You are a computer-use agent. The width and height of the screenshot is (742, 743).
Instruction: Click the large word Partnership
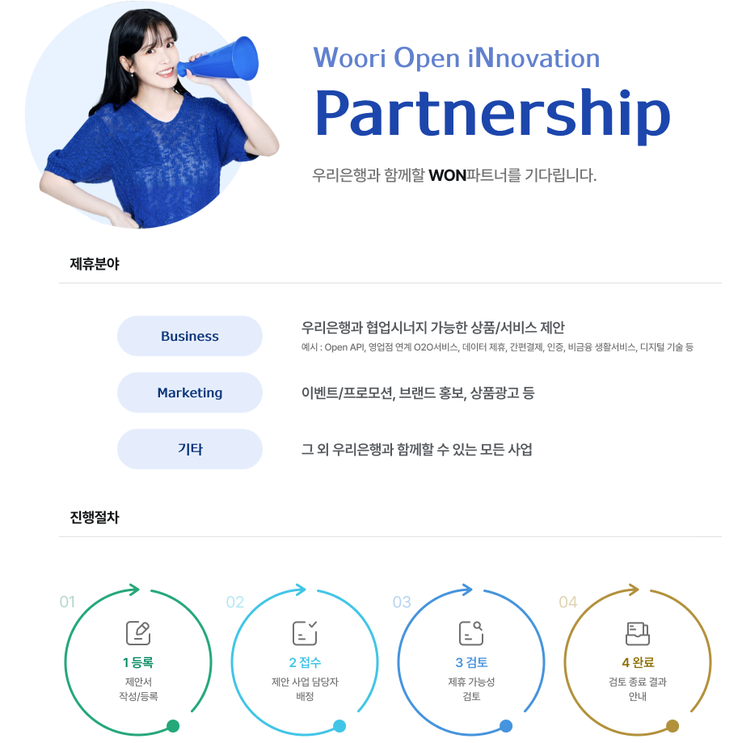point(491,113)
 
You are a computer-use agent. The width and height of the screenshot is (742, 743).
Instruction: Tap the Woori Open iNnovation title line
point(456,58)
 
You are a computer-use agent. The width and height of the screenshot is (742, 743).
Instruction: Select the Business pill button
point(190,336)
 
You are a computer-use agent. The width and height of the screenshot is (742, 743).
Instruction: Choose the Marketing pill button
point(190,392)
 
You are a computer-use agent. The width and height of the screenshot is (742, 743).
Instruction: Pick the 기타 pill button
point(190,449)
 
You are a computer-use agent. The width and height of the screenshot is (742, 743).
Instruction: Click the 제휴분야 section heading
point(95,263)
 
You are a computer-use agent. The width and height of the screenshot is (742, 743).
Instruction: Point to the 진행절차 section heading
point(95,517)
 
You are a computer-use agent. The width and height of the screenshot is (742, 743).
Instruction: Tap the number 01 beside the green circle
point(67,602)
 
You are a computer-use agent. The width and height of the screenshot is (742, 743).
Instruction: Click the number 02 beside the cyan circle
point(235,602)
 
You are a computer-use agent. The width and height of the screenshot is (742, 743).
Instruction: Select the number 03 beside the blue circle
point(402,602)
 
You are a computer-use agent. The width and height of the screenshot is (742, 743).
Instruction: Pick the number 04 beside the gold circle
point(568,602)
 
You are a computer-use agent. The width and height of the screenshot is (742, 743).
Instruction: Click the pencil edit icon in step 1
point(137,633)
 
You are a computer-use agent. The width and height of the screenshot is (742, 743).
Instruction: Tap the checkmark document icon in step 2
point(305,633)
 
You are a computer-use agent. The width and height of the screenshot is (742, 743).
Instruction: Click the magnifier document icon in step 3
point(470,633)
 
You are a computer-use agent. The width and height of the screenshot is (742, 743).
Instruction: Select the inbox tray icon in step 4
point(637,633)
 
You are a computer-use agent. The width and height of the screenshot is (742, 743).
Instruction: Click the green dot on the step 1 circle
point(173,725)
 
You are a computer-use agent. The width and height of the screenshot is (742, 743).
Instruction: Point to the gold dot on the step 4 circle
point(672,725)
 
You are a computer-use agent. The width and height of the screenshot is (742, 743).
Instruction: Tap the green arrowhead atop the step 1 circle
point(134,590)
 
